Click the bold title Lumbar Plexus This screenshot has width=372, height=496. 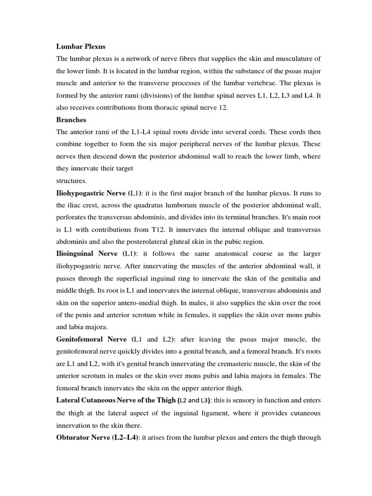tap(81, 46)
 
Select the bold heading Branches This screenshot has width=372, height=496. tap(72, 120)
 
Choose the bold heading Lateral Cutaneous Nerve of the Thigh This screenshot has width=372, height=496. tap(116, 401)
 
